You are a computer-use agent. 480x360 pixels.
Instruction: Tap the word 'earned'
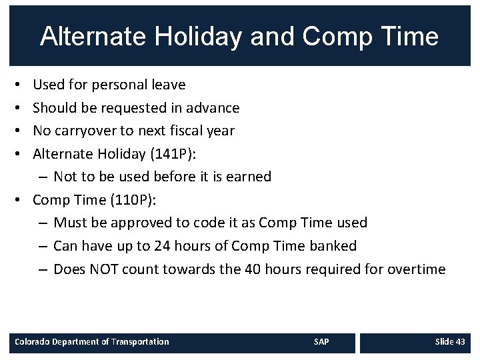point(246,177)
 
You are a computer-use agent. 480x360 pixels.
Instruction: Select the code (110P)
point(129,200)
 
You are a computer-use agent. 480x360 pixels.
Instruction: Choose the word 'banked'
point(333,246)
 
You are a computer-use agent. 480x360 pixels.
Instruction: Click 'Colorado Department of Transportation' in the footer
point(92,342)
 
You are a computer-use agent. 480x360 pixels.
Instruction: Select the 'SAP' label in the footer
point(321,342)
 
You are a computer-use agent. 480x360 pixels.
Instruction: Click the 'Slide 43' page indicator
point(450,342)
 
